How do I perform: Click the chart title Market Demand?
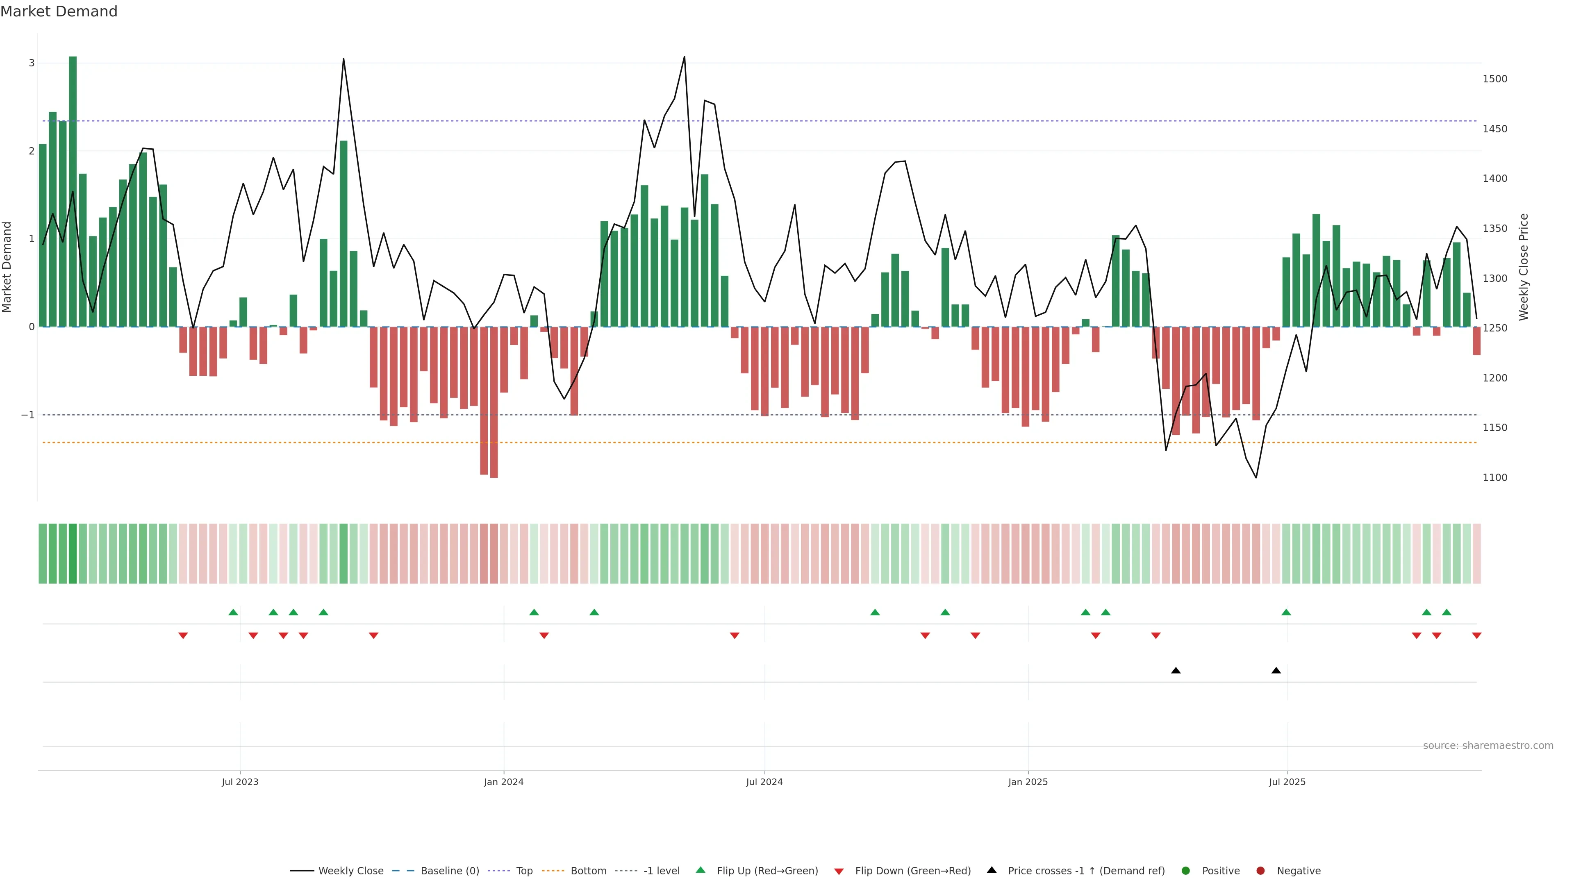pos(59,11)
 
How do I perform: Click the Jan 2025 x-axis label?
pos(1028,782)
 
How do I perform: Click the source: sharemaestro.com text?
pos(1488,746)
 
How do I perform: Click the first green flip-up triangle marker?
pos(233,612)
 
